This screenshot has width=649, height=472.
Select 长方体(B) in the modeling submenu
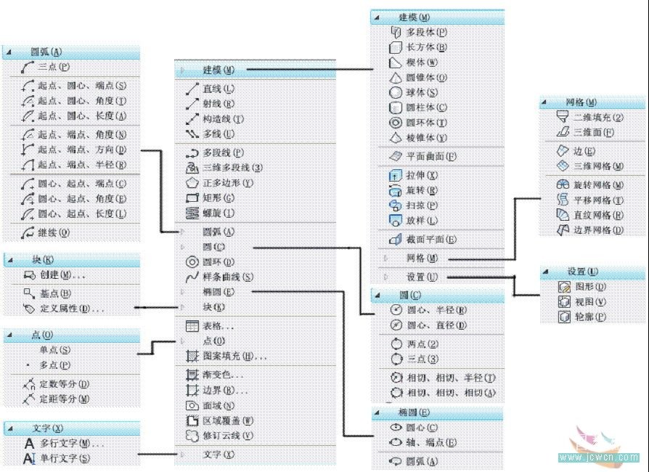tap(425, 47)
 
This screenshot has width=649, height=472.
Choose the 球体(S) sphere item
tap(421, 93)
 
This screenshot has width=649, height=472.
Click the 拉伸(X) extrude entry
tap(421, 176)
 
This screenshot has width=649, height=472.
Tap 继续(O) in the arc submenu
tap(54, 233)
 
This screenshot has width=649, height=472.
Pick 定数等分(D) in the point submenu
tap(64, 383)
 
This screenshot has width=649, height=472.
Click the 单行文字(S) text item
tap(64, 458)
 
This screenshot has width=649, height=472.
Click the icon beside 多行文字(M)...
tap(30, 443)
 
